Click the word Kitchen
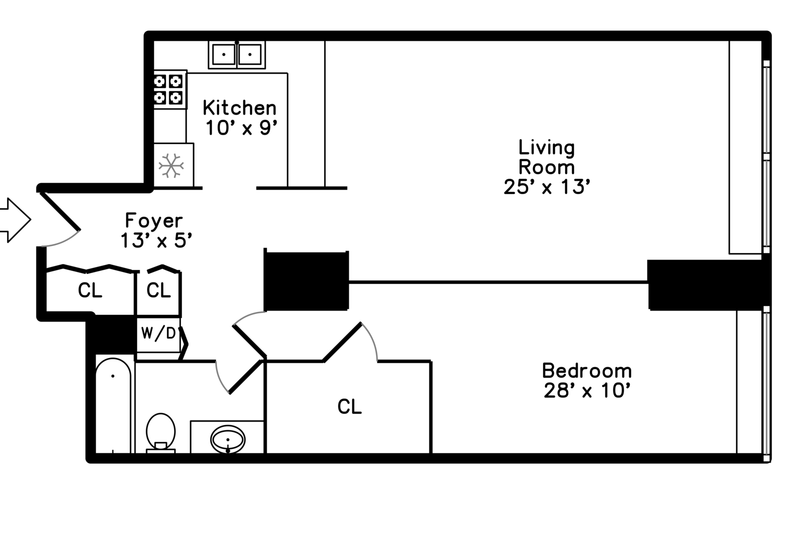click(239, 108)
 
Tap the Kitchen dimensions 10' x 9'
click(241, 127)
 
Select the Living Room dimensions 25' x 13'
click(547, 187)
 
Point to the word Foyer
click(154, 220)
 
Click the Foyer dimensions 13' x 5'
click(156, 240)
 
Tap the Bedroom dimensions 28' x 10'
click(587, 390)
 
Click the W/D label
click(158, 333)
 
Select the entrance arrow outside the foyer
click(15, 220)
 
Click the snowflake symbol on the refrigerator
click(171, 166)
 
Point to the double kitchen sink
click(236, 54)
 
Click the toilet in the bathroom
click(161, 433)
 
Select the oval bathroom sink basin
click(227, 439)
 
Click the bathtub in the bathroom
click(113, 405)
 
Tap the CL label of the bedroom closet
click(349, 407)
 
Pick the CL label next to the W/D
click(158, 290)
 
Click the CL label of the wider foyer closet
click(90, 290)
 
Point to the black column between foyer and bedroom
click(306, 280)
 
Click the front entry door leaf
click(60, 212)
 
